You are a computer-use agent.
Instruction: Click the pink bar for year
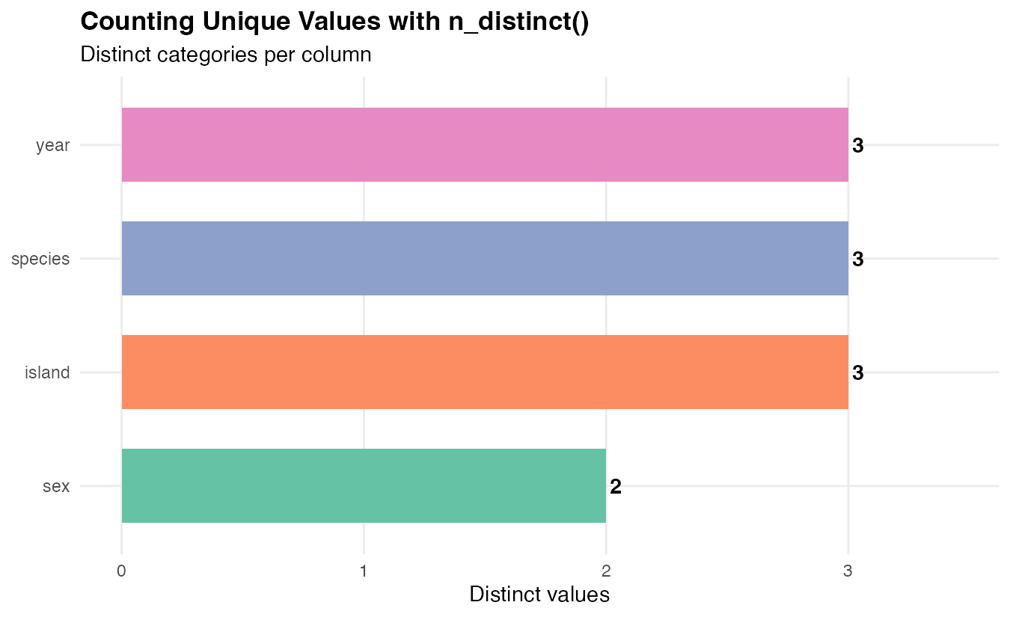pyautogui.click(x=485, y=145)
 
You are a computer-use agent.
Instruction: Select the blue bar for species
pyautogui.click(x=485, y=259)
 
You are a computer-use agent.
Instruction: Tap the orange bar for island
pyautogui.click(x=485, y=372)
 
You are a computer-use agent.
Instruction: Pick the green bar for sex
pyautogui.click(x=364, y=485)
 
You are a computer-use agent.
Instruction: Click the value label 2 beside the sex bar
pyautogui.click(x=616, y=488)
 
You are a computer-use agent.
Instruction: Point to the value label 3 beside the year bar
pyautogui.click(x=858, y=147)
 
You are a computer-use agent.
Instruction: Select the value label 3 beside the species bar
pyautogui.click(x=858, y=260)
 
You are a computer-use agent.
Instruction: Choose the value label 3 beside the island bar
pyautogui.click(x=858, y=373)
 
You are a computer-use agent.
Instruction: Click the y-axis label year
pyautogui.click(x=53, y=146)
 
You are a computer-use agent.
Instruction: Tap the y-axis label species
pyautogui.click(x=40, y=260)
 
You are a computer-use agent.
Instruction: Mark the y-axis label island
pyautogui.click(x=47, y=372)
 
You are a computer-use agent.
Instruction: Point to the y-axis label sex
pyautogui.click(x=56, y=487)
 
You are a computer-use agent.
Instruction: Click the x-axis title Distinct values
pyautogui.click(x=539, y=595)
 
